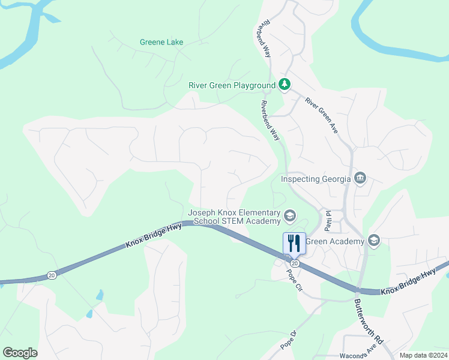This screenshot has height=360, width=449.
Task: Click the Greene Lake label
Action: click(x=161, y=42)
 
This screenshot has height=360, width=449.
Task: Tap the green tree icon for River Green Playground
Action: click(x=285, y=85)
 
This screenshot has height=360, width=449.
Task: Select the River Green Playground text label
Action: click(x=232, y=85)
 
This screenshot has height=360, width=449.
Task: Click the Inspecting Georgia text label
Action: click(x=316, y=179)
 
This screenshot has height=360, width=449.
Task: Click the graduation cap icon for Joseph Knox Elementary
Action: click(x=290, y=216)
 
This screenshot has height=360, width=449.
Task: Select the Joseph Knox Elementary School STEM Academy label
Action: click(x=234, y=217)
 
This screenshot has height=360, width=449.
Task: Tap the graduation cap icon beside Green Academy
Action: click(x=374, y=241)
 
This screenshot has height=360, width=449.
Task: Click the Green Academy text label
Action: click(x=336, y=241)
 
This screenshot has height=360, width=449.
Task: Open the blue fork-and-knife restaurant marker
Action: click(x=294, y=243)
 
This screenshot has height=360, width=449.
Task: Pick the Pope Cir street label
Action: click(x=294, y=280)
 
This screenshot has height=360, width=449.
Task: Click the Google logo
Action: click(x=20, y=353)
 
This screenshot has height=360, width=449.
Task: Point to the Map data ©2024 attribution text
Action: click(x=423, y=355)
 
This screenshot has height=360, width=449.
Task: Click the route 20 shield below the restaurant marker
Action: click(x=294, y=263)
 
